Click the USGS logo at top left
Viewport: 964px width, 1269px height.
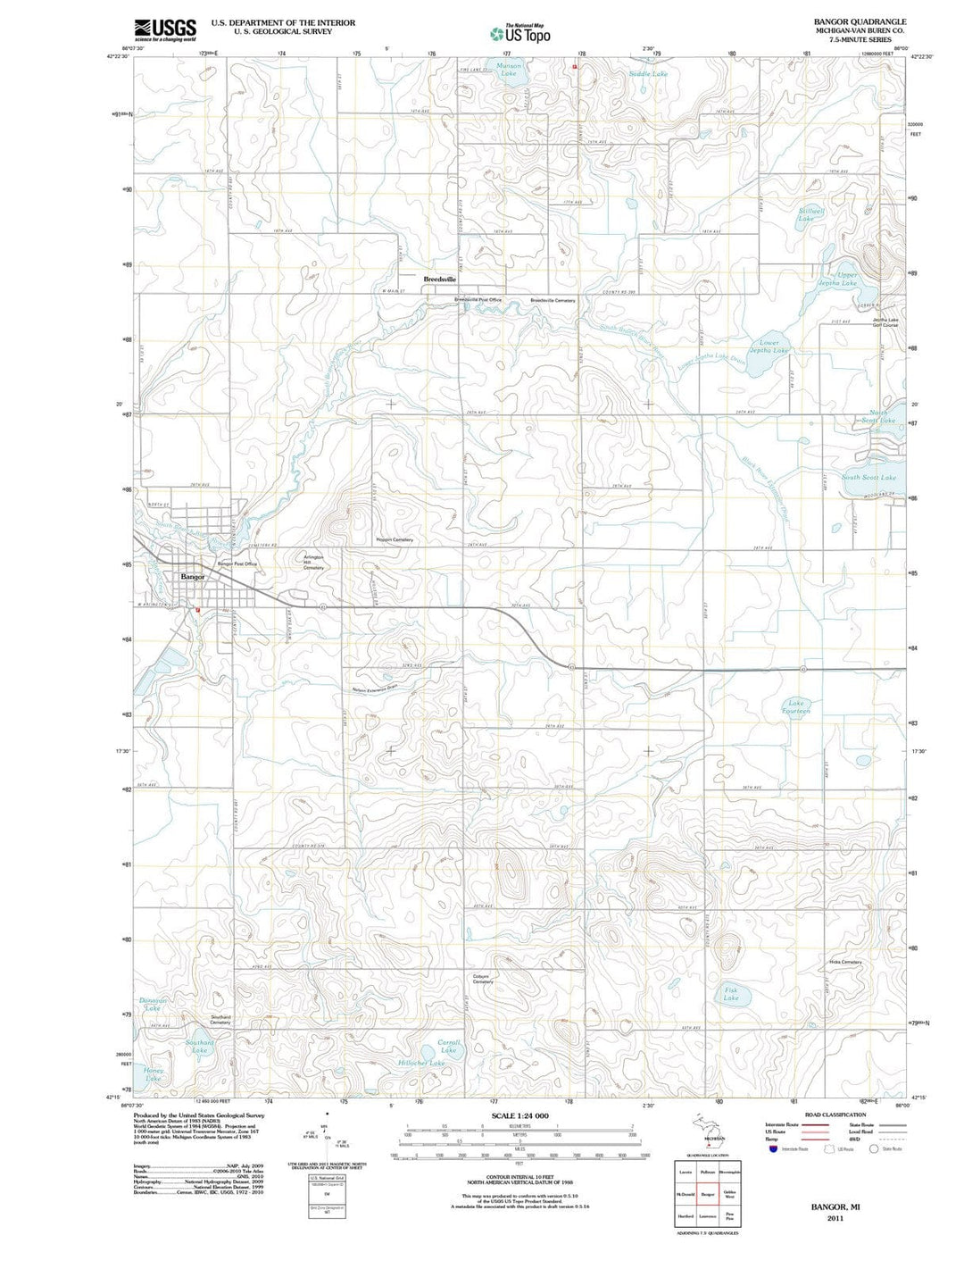(x=164, y=30)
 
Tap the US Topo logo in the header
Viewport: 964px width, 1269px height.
(x=520, y=34)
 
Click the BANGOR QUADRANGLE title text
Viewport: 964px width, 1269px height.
(x=860, y=21)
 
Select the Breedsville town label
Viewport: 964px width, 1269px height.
(x=440, y=279)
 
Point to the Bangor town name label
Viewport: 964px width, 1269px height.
(x=193, y=577)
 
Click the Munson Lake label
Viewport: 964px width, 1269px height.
(x=509, y=70)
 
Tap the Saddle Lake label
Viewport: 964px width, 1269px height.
(x=648, y=74)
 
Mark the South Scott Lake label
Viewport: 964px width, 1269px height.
(x=868, y=478)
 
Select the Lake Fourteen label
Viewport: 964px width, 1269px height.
(x=796, y=707)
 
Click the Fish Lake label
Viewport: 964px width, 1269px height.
(x=731, y=994)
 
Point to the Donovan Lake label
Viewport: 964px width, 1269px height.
(x=153, y=1004)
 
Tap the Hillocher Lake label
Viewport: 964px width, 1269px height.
(x=421, y=1064)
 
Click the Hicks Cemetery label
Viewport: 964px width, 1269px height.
(x=844, y=962)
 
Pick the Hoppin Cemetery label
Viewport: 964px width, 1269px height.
(x=394, y=540)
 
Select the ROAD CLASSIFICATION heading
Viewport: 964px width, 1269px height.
(x=835, y=1115)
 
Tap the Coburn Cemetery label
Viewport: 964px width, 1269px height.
(x=483, y=979)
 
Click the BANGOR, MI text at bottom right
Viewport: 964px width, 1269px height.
(x=835, y=1206)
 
